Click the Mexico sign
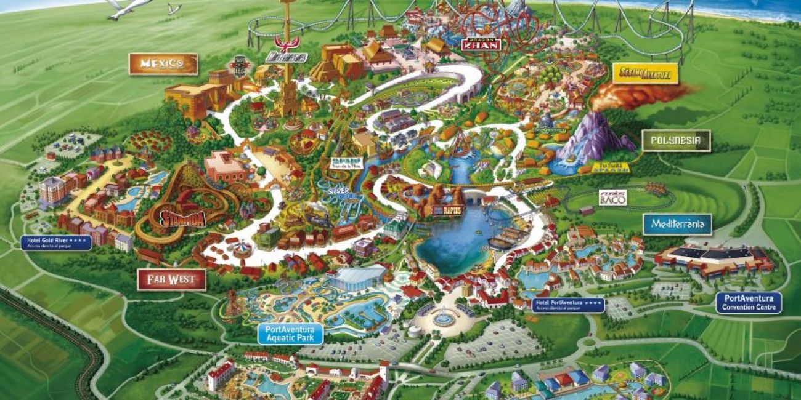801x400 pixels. pyautogui.click(x=163, y=64)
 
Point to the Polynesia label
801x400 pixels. pyautogui.click(x=676, y=140)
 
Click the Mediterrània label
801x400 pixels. pyautogui.click(x=677, y=224)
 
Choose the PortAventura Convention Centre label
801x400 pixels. pyautogui.click(x=748, y=303)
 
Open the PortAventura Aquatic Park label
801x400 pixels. pyautogui.click(x=290, y=334)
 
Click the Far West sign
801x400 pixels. pyautogui.click(x=171, y=280)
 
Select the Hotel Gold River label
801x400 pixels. pyautogui.click(x=56, y=242)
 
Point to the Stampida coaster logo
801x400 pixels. pyautogui.click(x=184, y=218)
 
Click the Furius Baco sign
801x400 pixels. pyautogui.click(x=613, y=197)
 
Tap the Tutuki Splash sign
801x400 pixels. pyautogui.click(x=610, y=167)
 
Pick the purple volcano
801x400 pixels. pyautogui.click(x=594, y=137)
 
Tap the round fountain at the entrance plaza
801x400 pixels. pyautogui.click(x=442, y=319)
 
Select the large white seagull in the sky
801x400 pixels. pyautogui.click(x=128, y=7)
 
